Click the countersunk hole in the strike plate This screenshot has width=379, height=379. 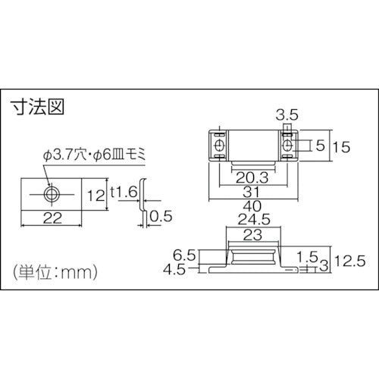[x=50, y=194]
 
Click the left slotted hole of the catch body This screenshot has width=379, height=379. [x=218, y=145]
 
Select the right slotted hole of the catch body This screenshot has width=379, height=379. [x=288, y=145]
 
